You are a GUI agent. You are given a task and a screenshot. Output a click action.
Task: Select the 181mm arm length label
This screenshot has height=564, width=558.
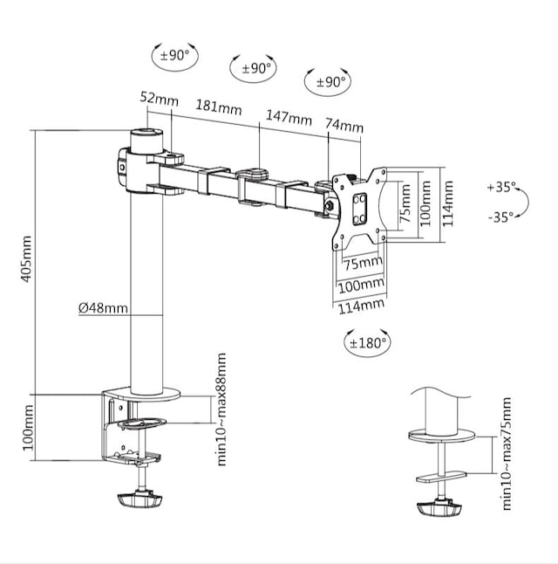click(x=219, y=108)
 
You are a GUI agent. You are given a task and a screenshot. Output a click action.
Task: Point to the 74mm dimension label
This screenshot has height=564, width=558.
click(x=344, y=126)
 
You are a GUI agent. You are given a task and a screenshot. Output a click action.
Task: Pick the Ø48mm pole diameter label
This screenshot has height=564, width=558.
click(x=103, y=307)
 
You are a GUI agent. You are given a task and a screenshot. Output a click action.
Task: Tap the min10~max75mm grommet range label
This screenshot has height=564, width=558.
click(x=507, y=453)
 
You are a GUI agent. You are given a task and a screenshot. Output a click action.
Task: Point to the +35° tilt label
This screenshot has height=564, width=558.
click(x=501, y=187)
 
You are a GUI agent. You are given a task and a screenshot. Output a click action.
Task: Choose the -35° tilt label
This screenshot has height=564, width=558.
click(x=500, y=217)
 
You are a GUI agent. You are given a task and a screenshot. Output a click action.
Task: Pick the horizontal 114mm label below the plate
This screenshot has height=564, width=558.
click(x=361, y=305)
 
